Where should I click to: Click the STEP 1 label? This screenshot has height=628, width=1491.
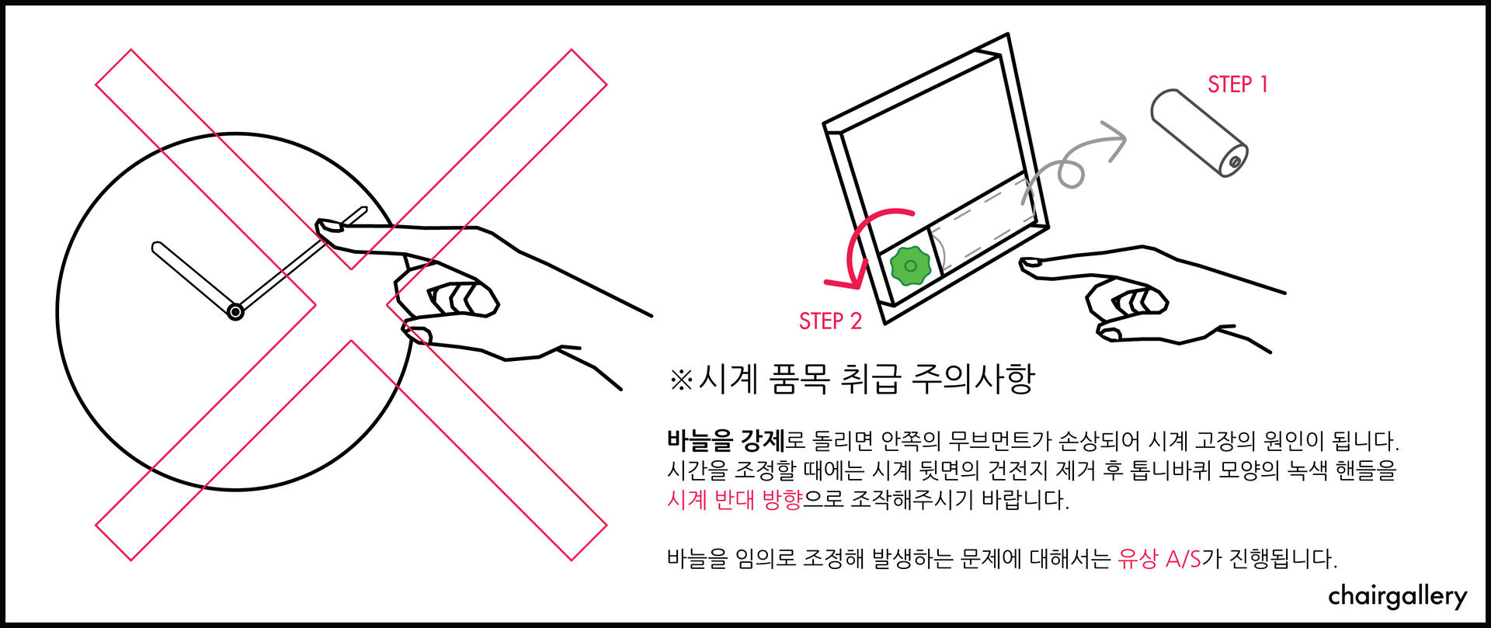click(x=1238, y=84)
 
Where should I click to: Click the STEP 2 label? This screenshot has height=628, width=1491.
click(x=830, y=321)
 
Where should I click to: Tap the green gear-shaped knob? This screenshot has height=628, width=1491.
click(x=911, y=266)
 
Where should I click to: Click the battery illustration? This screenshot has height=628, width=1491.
click(x=1199, y=132)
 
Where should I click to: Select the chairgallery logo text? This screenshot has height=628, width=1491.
click(x=1398, y=596)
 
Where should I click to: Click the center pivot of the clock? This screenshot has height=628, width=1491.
click(x=235, y=312)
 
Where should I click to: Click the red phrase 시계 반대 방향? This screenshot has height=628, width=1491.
click(x=734, y=498)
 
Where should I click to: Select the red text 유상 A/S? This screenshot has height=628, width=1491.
click(x=1159, y=558)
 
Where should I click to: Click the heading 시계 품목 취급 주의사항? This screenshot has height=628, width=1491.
click(x=867, y=379)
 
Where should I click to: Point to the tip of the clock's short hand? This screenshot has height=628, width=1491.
click(x=155, y=247)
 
